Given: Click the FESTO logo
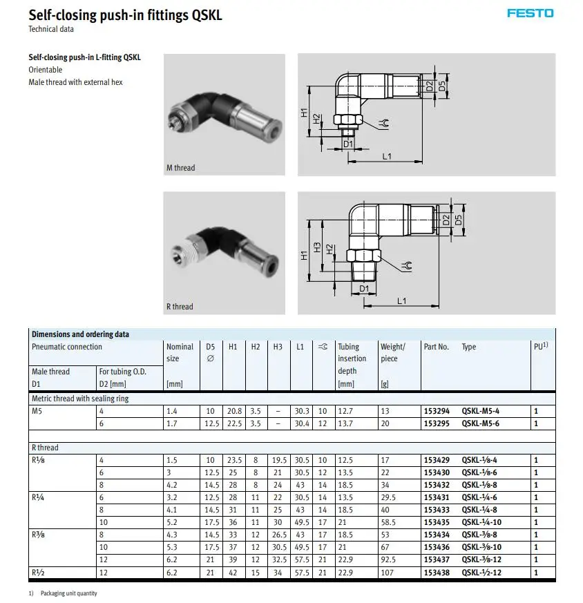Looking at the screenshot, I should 530,13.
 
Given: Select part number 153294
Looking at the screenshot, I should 436,411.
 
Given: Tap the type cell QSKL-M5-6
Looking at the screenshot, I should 480,423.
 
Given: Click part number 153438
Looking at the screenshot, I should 436,572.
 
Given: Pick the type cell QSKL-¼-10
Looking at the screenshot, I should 481,522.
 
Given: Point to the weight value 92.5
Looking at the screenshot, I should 389,559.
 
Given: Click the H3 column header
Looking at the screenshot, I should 278,347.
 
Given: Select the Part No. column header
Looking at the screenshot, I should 436,347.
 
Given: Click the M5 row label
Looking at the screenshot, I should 37,411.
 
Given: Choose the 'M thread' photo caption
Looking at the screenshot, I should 180,168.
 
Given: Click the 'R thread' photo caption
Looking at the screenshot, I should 180,307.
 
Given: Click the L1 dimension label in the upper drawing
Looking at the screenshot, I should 387,157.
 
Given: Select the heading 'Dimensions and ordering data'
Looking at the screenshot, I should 80,334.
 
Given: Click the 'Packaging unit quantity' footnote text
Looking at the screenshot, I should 68,594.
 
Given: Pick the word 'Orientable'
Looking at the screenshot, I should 45,70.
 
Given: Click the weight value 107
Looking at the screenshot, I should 386,572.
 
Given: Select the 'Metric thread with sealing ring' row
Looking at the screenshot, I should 80,399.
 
